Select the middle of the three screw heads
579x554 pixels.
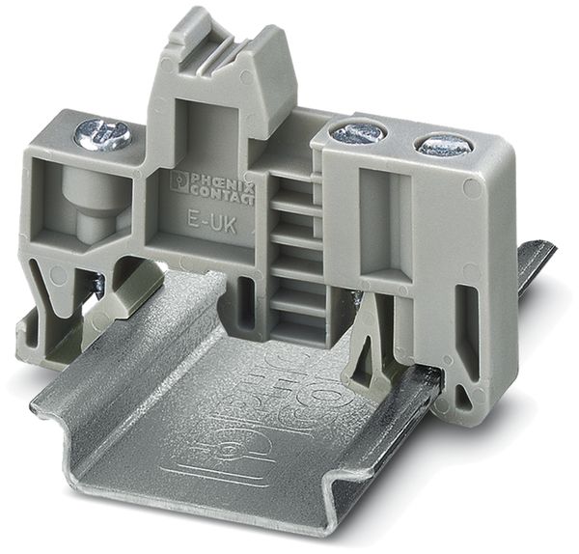tap(358, 132)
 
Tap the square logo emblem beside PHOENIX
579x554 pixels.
tap(180, 180)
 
